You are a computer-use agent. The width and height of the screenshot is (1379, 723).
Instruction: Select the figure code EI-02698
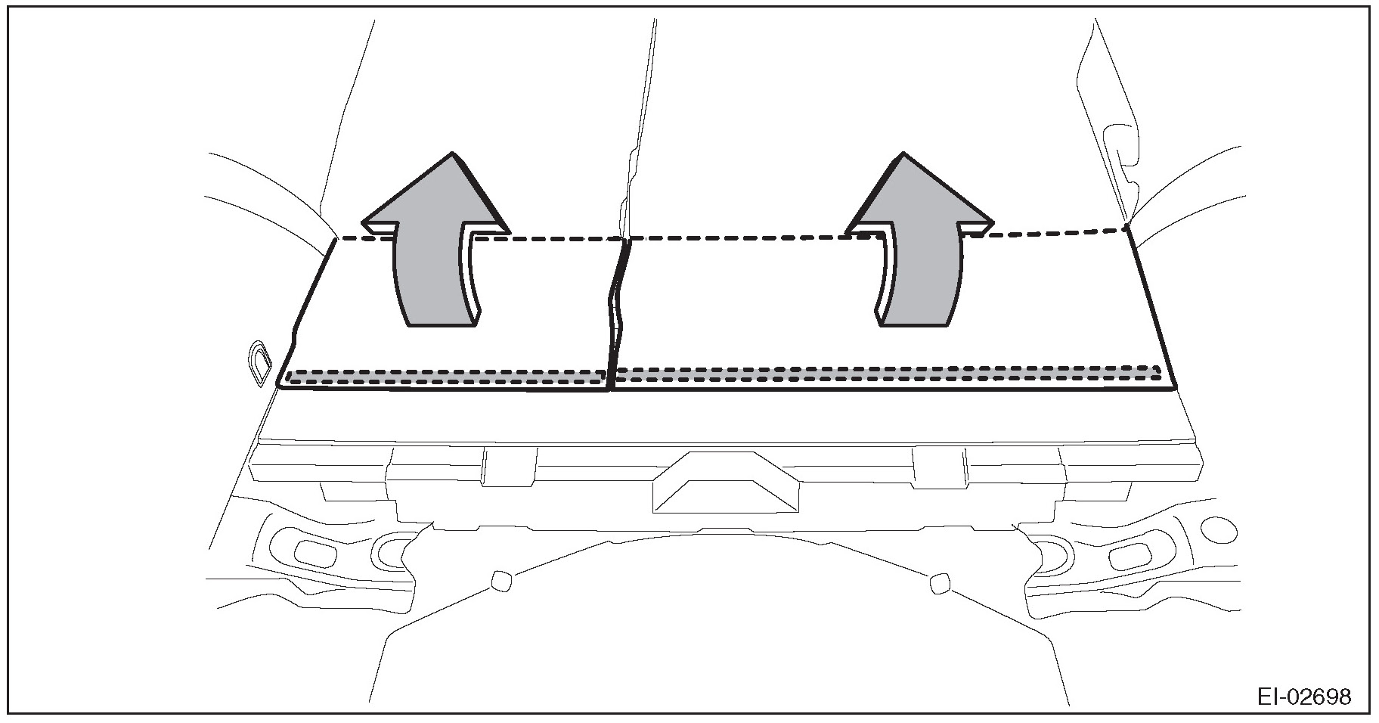(x=1303, y=696)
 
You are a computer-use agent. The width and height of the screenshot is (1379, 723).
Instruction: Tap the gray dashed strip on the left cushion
(x=446, y=377)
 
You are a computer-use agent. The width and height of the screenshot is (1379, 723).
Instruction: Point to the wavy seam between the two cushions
(x=616, y=310)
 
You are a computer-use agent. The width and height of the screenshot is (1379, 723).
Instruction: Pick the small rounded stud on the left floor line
(x=500, y=581)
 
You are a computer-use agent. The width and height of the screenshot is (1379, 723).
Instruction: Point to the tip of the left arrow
(x=452, y=154)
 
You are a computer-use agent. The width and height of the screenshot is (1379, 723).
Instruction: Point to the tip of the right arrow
(x=903, y=154)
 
